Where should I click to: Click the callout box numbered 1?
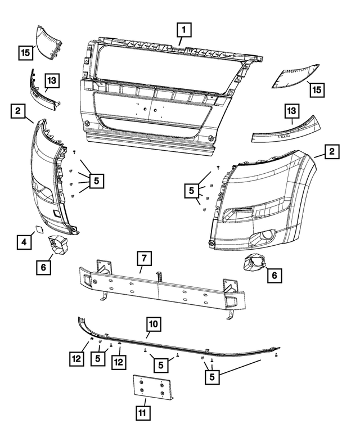(x=184, y=28)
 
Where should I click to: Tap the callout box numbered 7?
(x=144, y=259)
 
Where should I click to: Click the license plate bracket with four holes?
(x=152, y=387)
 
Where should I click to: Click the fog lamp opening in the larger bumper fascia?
(x=263, y=237)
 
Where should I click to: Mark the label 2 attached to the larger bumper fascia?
(x=332, y=151)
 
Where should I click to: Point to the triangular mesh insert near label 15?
(x=295, y=76)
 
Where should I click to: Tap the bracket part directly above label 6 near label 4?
(x=57, y=246)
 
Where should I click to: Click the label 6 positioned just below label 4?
(x=43, y=268)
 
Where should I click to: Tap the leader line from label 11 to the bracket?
(x=145, y=402)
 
